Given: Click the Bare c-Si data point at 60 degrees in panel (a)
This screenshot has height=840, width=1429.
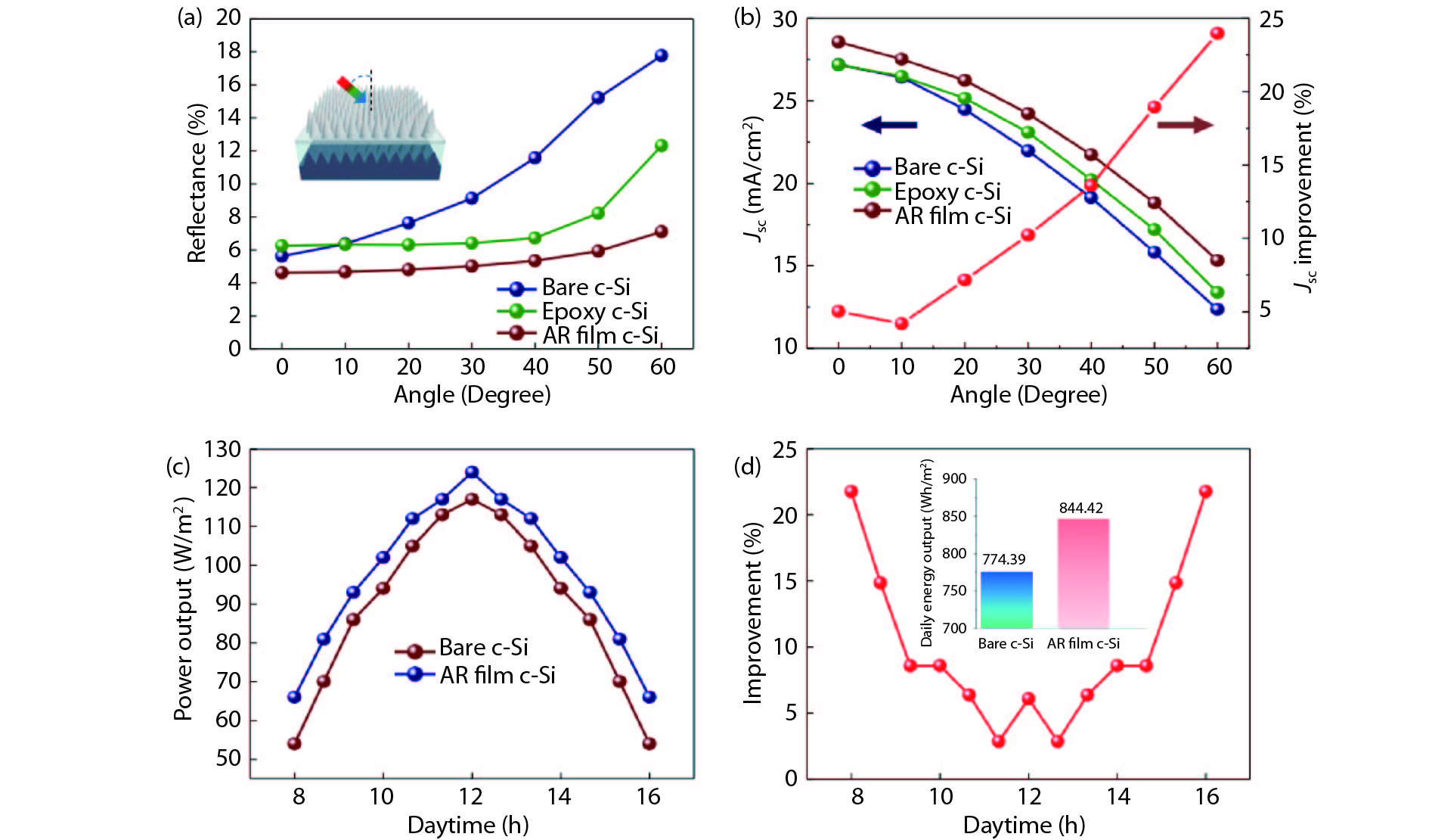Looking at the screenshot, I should click(x=661, y=55).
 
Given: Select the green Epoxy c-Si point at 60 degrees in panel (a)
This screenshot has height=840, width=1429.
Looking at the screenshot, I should click(x=661, y=145).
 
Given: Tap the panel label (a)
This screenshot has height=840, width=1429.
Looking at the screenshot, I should click(x=189, y=17).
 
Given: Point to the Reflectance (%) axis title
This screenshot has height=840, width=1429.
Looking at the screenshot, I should click(x=197, y=183).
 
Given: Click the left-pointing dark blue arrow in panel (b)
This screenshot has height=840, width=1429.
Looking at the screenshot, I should click(x=889, y=125).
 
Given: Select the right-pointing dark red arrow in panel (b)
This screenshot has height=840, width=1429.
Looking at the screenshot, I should click(x=1185, y=125).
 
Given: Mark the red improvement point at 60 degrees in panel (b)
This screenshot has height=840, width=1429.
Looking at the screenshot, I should click(x=1217, y=33).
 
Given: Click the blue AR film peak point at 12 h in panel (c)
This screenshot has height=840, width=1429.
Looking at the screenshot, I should click(x=472, y=472).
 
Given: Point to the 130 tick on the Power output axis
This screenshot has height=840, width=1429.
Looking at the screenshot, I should click(x=222, y=450).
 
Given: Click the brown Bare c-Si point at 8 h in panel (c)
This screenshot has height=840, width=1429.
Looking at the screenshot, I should click(x=295, y=744).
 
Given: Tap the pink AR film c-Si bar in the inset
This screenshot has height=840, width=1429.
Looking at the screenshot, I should click(x=1083, y=573).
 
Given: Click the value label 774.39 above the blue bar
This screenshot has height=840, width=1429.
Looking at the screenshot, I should click(x=1003, y=559).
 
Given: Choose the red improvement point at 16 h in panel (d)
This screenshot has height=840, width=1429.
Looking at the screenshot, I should click(x=1205, y=492).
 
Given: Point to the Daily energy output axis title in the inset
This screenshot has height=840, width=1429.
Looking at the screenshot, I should click(x=927, y=552).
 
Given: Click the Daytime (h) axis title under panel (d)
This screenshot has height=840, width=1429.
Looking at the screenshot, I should click(x=1024, y=825).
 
